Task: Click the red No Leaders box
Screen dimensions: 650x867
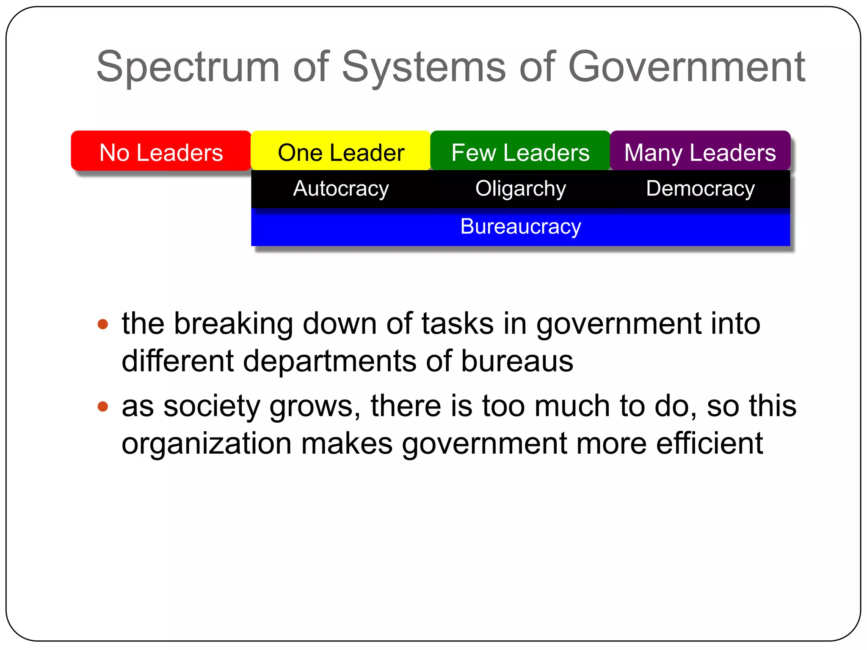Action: (161, 151)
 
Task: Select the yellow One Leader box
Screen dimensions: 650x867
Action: (341, 151)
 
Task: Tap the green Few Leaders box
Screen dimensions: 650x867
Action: (520, 151)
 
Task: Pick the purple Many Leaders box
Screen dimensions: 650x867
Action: (700, 151)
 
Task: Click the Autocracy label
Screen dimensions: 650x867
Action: (341, 188)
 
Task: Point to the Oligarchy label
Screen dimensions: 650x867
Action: (520, 188)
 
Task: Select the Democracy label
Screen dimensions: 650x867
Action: (700, 188)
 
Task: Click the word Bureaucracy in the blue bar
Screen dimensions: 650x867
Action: (520, 226)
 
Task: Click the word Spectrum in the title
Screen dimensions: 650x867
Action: (188, 67)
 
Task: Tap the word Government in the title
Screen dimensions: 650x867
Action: (686, 67)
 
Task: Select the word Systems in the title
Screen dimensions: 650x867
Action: (423, 67)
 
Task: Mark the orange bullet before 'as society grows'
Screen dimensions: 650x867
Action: (103, 407)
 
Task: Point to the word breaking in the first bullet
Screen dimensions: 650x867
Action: (233, 324)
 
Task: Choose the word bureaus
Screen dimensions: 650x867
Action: (517, 361)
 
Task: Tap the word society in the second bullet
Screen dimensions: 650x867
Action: (212, 407)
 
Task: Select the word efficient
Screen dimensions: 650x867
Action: (710, 443)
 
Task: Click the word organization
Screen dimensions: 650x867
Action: (207, 443)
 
